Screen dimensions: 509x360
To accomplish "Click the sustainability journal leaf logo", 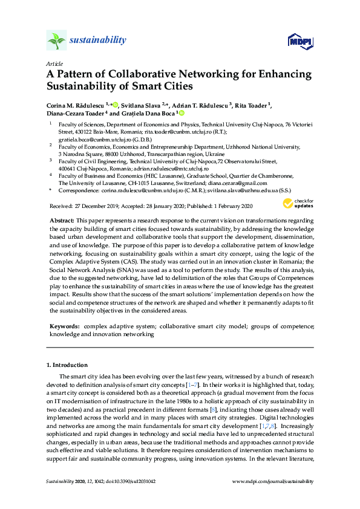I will pyautogui.click(x=57, y=41).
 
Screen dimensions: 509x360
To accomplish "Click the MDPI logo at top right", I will pyautogui.click(x=299, y=41).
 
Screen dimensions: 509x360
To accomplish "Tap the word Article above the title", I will pyautogui.click(x=54, y=63).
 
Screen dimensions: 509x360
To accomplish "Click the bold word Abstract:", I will pyautogui.click(x=62, y=221).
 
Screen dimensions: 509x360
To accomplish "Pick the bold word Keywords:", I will pyautogui.click(x=65, y=326).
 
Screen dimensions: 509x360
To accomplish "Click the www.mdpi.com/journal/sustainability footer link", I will pyautogui.click(x=273, y=481).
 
